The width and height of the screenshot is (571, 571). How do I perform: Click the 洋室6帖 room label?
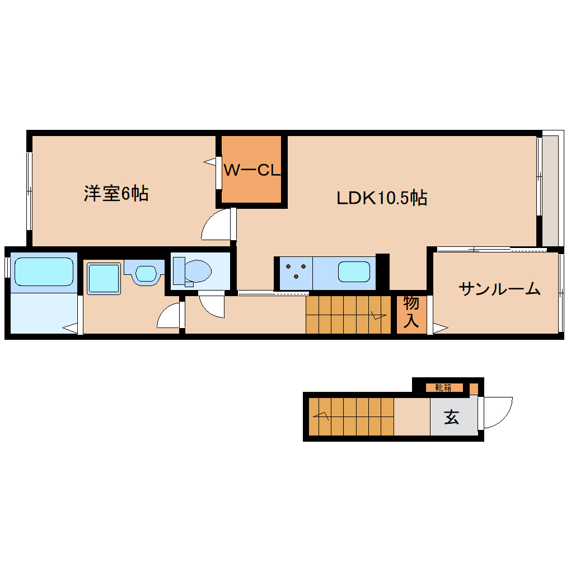[116, 194]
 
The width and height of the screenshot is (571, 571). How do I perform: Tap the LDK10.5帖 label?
[382, 198]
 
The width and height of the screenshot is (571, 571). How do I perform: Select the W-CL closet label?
[251, 170]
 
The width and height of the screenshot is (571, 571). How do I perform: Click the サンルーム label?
[499, 289]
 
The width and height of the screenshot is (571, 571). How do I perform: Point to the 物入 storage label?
[411, 312]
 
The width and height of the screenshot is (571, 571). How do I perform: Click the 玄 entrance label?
[451, 417]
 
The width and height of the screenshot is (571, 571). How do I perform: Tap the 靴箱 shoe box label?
[443, 387]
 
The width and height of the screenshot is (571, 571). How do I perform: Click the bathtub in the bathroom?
[44, 272]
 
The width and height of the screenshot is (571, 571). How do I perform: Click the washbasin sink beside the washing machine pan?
[146, 273]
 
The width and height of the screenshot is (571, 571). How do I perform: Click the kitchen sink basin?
[354, 272]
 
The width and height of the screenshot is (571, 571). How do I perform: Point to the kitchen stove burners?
[295, 272]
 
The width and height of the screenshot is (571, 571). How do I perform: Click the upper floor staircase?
[347, 315]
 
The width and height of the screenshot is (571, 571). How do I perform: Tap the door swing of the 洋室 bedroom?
[217, 224]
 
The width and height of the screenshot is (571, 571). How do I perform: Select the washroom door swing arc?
[170, 316]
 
